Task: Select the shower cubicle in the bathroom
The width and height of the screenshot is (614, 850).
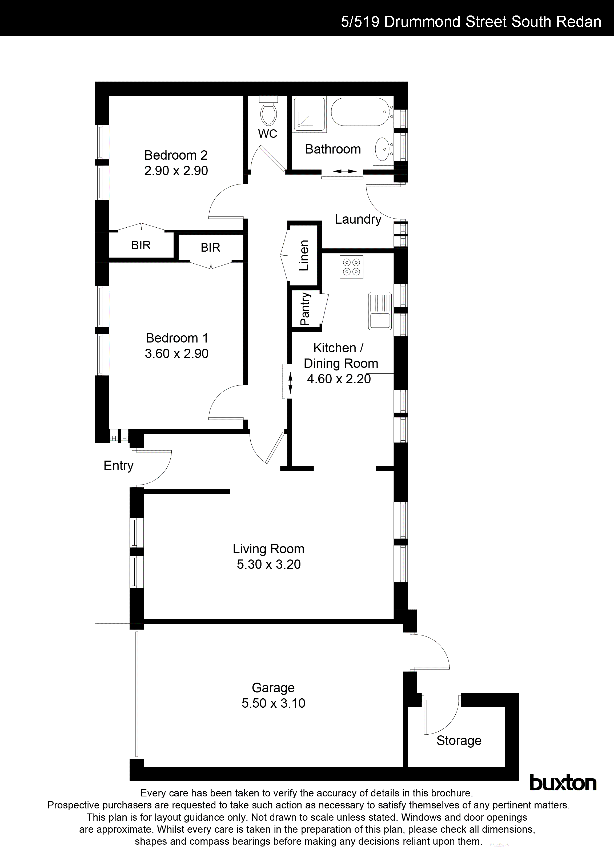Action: [309, 113]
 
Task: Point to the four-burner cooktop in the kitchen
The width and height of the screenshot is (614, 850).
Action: [351, 267]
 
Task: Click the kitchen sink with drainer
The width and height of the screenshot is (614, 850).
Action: [379, 311]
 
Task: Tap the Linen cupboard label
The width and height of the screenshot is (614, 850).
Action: [304, 255]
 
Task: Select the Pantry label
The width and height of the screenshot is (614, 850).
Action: [305, 309]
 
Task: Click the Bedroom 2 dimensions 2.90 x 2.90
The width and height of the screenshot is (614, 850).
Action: [176, 171]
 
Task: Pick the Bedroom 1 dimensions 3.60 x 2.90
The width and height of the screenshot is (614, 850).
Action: [176, 353]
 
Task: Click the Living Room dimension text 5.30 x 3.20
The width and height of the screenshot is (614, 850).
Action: [268, 564]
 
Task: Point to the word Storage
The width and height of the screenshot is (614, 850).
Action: [459, 740]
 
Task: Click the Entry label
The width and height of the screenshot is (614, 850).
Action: [118, 465]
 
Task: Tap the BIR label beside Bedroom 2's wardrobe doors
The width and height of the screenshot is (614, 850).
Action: [141, 245]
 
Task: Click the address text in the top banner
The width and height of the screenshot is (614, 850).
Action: [471, 22]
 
